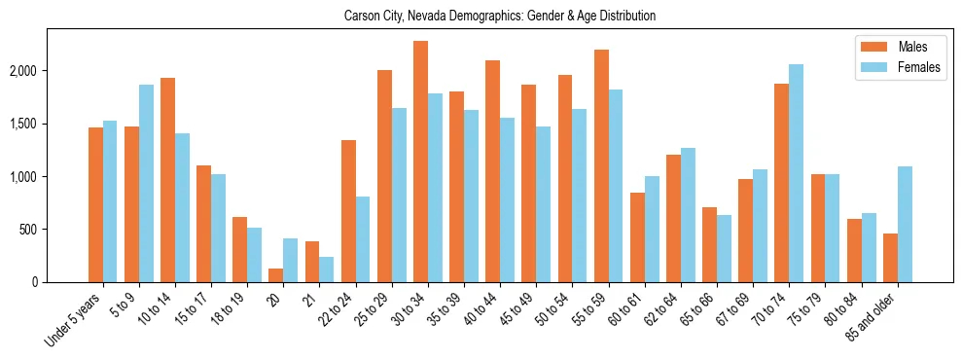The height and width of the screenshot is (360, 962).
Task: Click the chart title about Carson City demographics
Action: click(500, 16)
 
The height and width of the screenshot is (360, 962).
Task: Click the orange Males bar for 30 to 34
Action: click(420, 162)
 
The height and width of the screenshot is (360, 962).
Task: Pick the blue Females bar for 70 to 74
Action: click(797, 173)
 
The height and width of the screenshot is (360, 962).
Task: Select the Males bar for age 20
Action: click(276, 275)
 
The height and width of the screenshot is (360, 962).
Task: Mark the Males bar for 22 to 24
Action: click(348, 211)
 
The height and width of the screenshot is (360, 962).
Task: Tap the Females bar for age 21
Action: click(327, 270)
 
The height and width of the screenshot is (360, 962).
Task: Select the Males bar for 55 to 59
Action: click(601, 166)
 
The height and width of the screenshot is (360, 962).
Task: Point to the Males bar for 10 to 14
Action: click(168, 180)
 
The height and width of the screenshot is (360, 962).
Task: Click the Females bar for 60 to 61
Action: click(652, 230)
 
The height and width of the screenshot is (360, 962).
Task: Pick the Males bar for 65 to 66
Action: click(710, 245)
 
